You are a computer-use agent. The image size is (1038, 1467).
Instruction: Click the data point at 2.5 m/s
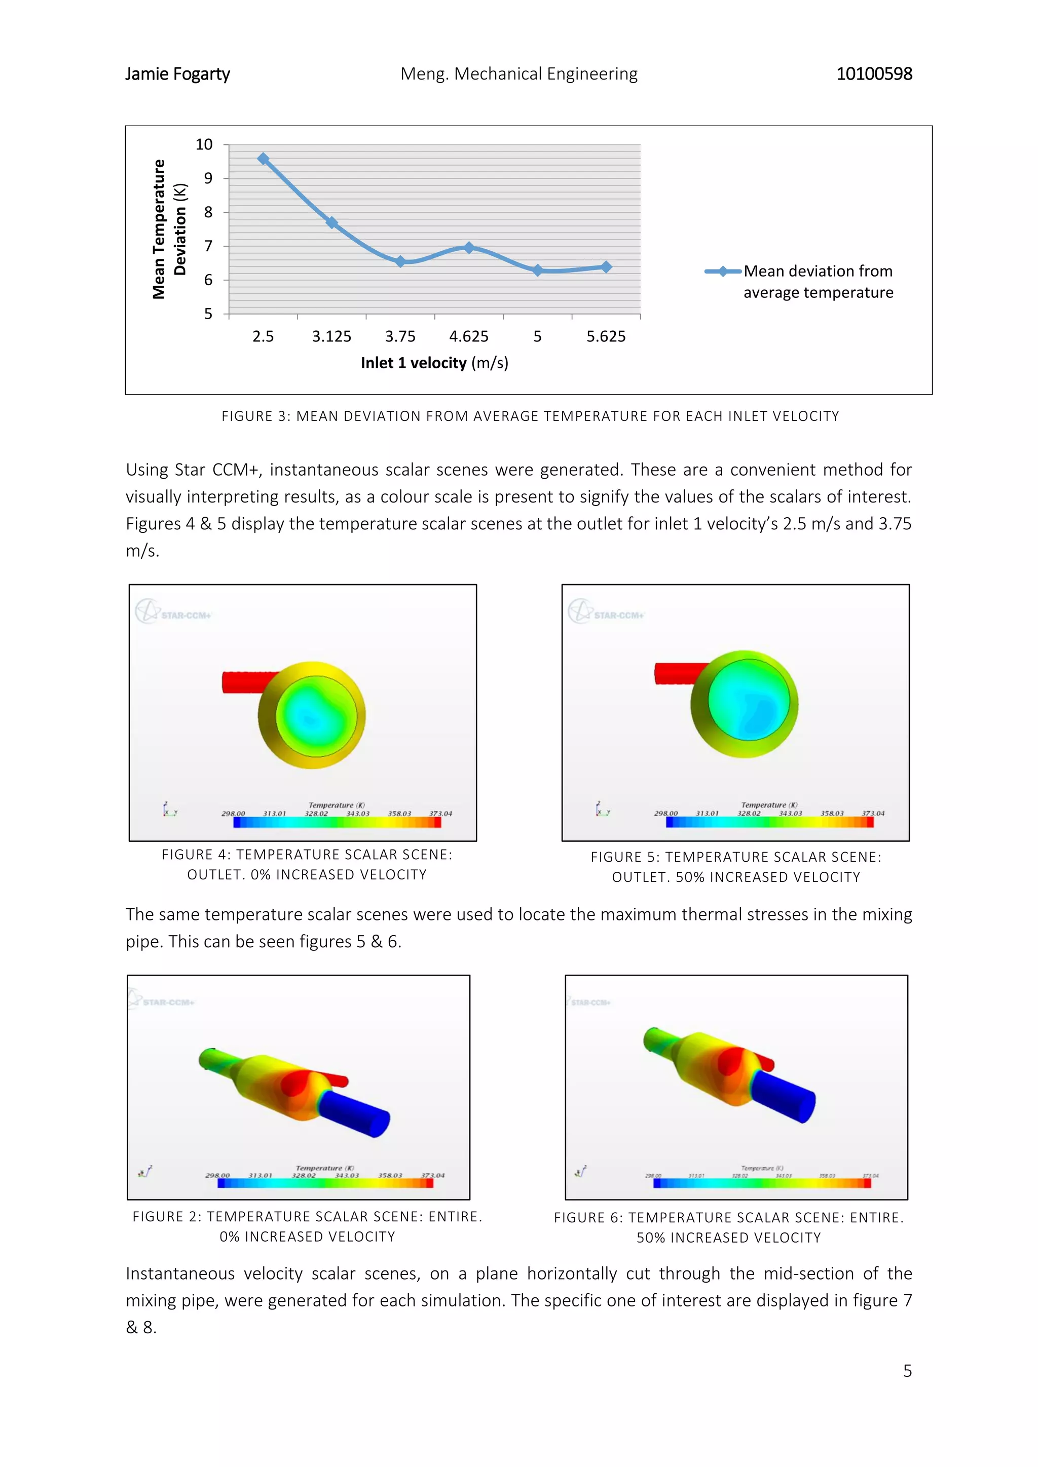[x=263, y=159]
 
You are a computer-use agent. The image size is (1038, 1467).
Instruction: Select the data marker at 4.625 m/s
[x=469, y=247]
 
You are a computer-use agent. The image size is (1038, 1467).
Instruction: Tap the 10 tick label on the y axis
[x=204, y=144]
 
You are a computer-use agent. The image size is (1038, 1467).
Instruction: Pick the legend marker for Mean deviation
[x=722, y=272]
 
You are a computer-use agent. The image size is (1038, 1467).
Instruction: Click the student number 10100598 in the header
[x=874, y=74]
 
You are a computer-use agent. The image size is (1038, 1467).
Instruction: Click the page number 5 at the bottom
[x=907, y=1371]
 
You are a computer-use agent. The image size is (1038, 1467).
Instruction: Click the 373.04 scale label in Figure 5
[x=873, y=814]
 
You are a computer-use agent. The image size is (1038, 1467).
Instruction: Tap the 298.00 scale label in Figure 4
[x=233, y=814]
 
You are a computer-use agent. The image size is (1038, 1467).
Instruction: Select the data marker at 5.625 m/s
[x=606, y=267]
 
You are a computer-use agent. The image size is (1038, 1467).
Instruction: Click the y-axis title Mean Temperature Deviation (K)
[x=169, y=229]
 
